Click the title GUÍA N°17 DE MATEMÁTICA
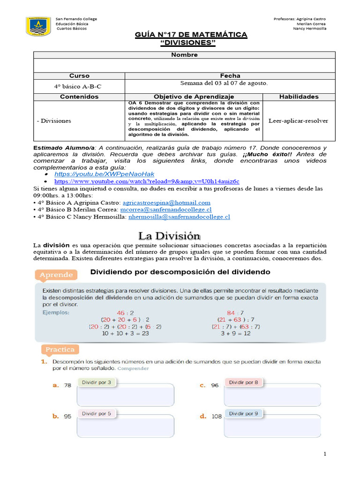pyautogui.click(x=191, y=35)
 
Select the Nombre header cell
pyautogui.click(x=184, y=55)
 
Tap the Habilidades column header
pyautogui.click(x=299, y=97)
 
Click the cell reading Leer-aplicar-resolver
pyautogui.click(x=298, y=120)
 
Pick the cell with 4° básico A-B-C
pyautogui.click(x=78, y=86)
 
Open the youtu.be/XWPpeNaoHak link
pyautogui.click(x=104, y=174)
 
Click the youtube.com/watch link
pyautogui.click(x=147, y=181)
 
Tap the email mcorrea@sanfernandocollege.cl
pyautogui.click(x=166, y=210)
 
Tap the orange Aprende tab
pyautogui.click(x=56, y=275)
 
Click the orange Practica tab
pyautogui.click(x=60, y=350)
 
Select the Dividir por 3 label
pyautogui.click(x=97, y=382)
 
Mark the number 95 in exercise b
pyautogui.click(x=67, y=416)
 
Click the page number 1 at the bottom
pyautogui.click(x=324, y=454)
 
